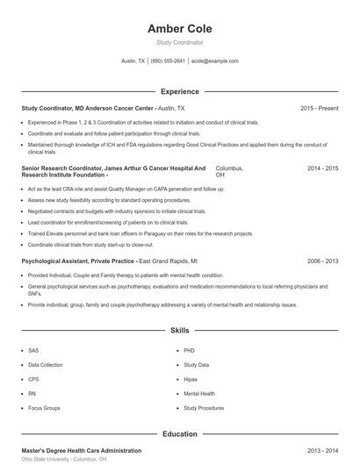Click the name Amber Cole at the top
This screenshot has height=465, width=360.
[x=179, y=28]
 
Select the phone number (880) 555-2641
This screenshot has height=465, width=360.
[x=168, y=61]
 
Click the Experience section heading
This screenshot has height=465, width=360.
[x=179, y=91]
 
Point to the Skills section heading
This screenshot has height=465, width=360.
[x=179, y=331]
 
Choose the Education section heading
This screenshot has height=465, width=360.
[x=179, y=433]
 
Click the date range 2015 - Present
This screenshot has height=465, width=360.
[x=319, y=108]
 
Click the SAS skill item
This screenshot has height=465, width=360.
[x=33, y=350]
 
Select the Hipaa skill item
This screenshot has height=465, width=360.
[x=191, y=379]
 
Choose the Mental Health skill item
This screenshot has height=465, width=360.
[x=198, y=394]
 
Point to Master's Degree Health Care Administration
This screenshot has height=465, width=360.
[x=81, y=450]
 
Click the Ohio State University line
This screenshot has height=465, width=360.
[x=64, y=459]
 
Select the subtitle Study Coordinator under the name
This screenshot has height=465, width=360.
[x=179, y=42]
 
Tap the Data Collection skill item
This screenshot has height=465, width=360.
[x=46, y=364]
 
